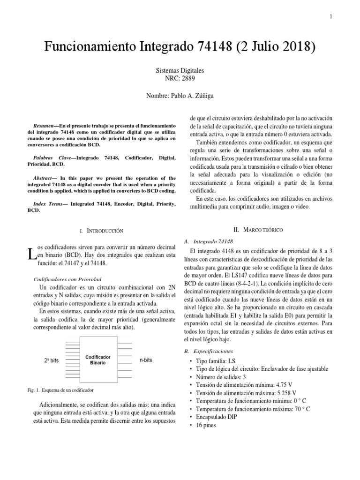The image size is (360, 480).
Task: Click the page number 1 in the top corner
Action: click(x=330, y=17)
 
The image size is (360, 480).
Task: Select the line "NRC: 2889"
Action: click(x=180, y=78)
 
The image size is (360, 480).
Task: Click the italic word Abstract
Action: click(x=46, y=178)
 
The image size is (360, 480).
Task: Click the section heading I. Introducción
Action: click(x=101, y=231)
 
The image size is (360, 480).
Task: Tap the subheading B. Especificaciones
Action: click(x=211, y=351)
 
